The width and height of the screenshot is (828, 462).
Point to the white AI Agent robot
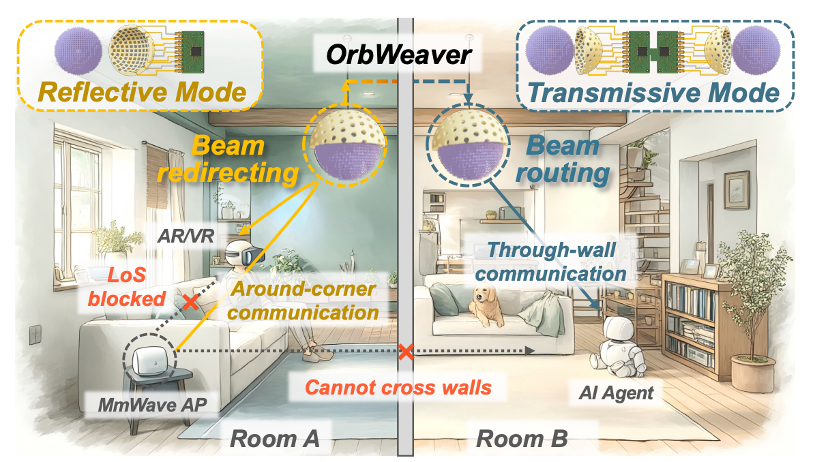622,348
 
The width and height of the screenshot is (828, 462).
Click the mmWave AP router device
150,357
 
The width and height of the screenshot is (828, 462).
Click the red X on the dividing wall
406,352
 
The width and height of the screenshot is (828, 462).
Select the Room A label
275,437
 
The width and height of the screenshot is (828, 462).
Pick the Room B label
522,437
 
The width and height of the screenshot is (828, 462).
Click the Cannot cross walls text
398,387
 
